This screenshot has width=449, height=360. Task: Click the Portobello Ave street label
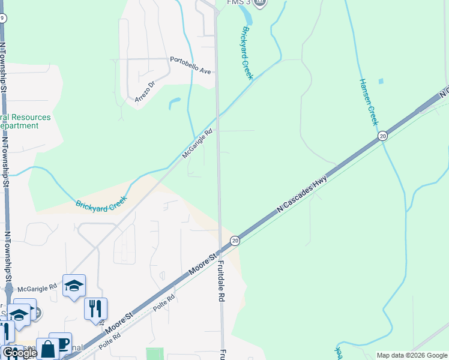[x=191, y=65]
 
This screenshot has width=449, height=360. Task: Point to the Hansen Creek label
[x=368, y=101]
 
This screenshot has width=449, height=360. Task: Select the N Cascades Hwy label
[x=305, y=189]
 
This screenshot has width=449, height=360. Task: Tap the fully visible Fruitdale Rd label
[x=221, y=280]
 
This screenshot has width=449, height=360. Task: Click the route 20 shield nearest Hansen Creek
[x=382, y=137]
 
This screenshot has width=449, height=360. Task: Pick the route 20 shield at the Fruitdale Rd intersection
[x=235, y=241]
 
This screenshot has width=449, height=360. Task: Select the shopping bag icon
[x=47, y=349]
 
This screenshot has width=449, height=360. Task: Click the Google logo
[x=19, y=353]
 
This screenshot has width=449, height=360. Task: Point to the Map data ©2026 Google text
[x=412, y=355]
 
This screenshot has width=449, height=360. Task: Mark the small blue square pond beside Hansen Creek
[x=381, y=80]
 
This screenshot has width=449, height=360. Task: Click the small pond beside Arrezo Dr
[x=175, y=103]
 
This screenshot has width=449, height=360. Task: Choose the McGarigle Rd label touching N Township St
[x=35, y=289]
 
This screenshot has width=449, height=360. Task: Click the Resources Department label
[x=26, y=121]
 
